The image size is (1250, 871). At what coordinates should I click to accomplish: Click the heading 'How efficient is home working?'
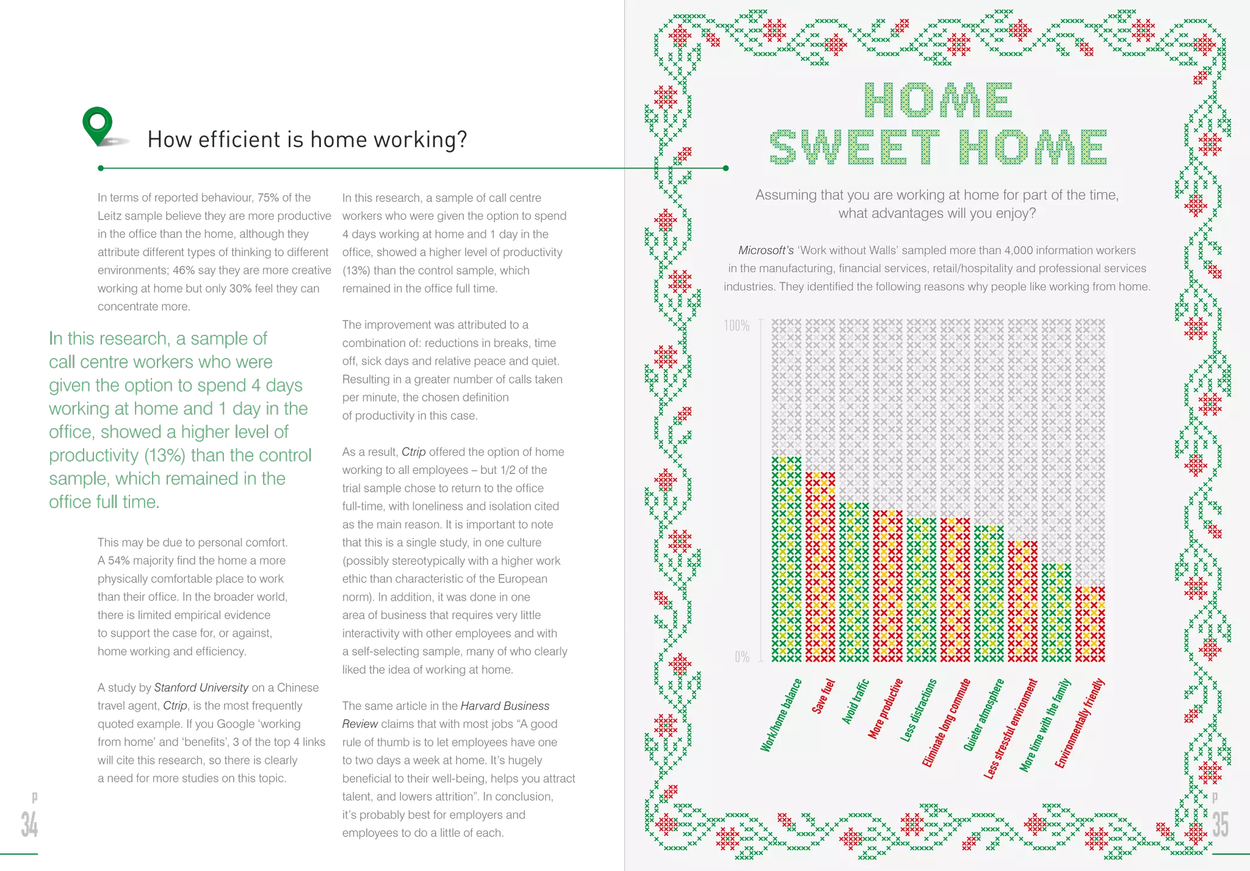coord(308,140)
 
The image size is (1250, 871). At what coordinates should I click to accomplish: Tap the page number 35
coord(1220,824)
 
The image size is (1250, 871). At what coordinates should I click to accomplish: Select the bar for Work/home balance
coord(786,559)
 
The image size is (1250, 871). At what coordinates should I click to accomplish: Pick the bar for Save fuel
coord(820,567)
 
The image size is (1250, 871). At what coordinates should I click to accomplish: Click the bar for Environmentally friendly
coord(1089,625)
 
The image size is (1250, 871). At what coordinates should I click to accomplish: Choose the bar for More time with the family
coord(1056,613)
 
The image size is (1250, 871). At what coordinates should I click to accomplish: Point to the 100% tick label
coord(737,326)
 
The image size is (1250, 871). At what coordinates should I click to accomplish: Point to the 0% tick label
coord(742,657)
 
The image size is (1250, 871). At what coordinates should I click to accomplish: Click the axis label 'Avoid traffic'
coord(855,701)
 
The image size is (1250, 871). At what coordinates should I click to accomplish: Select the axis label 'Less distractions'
coord(918,711)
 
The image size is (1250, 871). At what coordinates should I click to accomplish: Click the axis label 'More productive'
coord(885,709)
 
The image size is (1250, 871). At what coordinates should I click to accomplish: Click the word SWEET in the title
coord(854,148)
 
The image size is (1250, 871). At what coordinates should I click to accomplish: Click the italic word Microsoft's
coord(765,250)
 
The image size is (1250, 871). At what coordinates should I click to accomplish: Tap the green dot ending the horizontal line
coord(726,168)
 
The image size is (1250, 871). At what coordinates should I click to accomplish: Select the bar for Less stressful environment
coord(1022,601)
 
